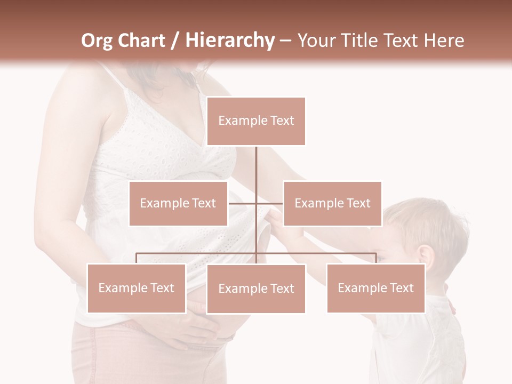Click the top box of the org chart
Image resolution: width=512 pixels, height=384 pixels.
click(256, 121)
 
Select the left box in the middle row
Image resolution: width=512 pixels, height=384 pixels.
click(178, 203)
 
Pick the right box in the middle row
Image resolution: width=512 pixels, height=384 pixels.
click(332, 203)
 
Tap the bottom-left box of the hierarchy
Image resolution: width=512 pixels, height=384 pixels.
click(137, 288)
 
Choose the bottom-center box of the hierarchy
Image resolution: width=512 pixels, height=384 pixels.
click(256, 289)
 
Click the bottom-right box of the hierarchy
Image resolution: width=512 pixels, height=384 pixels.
click(375, 288)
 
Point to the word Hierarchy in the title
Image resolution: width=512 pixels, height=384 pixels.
click(230, 41)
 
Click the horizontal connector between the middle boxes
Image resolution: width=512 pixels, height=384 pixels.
click(256, 203)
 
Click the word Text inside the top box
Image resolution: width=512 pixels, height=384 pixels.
click(282, 121)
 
